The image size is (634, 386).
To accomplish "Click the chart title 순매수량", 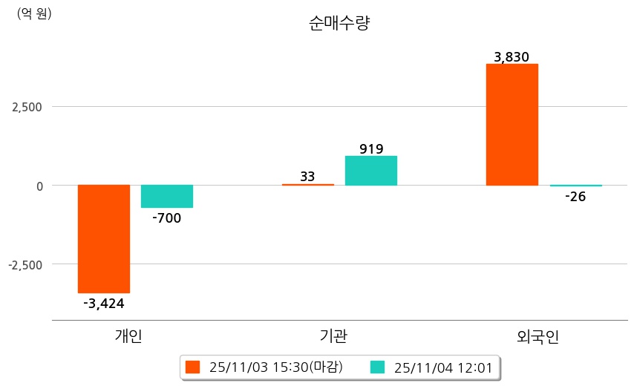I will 339,23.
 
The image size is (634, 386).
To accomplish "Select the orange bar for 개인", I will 104,238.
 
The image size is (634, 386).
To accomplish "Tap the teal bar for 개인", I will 167,196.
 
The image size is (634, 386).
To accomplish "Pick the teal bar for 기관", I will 371,170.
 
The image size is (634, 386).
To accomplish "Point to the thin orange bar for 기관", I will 308,184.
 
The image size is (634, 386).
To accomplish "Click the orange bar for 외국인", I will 512,124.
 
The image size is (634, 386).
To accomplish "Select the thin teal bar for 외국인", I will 575,186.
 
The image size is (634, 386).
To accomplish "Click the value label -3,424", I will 104,303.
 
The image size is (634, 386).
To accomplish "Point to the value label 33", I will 307,176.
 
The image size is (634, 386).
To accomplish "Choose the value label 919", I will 371,148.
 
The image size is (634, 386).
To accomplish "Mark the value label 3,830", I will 512,57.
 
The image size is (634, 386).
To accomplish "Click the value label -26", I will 575,197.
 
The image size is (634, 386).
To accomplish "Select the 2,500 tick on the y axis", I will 27,107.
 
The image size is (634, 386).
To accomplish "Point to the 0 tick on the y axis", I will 39,186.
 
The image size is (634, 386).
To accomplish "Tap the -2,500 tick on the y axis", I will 24,264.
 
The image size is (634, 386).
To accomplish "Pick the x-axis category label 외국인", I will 537,336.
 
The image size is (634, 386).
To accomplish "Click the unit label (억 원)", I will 34,13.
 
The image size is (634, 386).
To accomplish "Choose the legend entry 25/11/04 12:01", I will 437,367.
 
